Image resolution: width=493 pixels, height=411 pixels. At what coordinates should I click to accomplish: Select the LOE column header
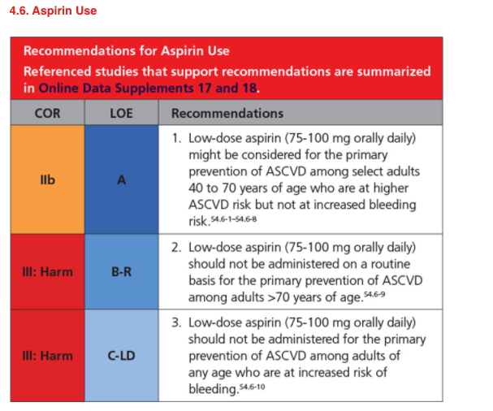click(x=121, y=113)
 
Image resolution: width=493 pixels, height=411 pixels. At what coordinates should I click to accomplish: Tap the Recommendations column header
click(x=227, y=113)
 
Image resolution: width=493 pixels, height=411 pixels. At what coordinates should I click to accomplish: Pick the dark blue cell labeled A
click(x=121, y=180)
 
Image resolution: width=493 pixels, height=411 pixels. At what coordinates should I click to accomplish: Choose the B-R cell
click(x=121, y=271)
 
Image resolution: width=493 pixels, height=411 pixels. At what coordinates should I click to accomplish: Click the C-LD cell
click(x=121, y=356)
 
